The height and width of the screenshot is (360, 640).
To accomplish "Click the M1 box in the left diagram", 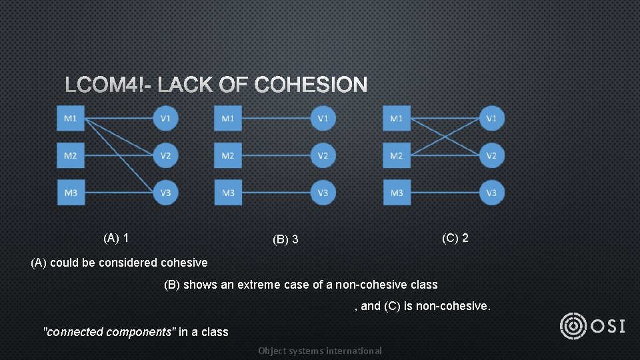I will click(x=71, y=119).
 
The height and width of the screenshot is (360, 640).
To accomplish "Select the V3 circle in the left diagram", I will click(x=166, y=193).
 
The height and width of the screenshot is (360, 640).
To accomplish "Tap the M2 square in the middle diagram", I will click(x=228, y=156).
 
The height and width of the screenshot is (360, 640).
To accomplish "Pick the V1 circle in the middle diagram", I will click(x=323, y=119).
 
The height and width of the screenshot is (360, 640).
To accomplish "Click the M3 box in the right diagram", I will click(x=397, y=193).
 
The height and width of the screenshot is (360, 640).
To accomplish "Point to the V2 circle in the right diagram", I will click(x=492, y=156).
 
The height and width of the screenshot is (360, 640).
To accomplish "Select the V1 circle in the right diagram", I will click(x=492, y=119).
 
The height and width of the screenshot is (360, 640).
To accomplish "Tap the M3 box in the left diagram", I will click(x=71, y=193).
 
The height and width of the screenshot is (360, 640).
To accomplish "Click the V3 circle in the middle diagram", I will click(x=323, y=193).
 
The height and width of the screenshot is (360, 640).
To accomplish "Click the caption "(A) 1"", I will click(x=116, y=238).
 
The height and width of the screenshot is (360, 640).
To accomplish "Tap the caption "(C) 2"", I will click(x=455, y=238).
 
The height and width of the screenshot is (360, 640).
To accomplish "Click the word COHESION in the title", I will click(x=311, y=85).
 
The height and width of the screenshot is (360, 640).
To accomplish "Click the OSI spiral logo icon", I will click(x=573, y=326).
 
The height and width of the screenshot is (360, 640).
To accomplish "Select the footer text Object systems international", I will click(x=320, y=351).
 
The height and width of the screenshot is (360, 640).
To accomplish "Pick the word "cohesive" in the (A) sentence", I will click(x=184, y=263).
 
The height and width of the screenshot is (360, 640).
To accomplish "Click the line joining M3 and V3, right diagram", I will click(x=444, y=193).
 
